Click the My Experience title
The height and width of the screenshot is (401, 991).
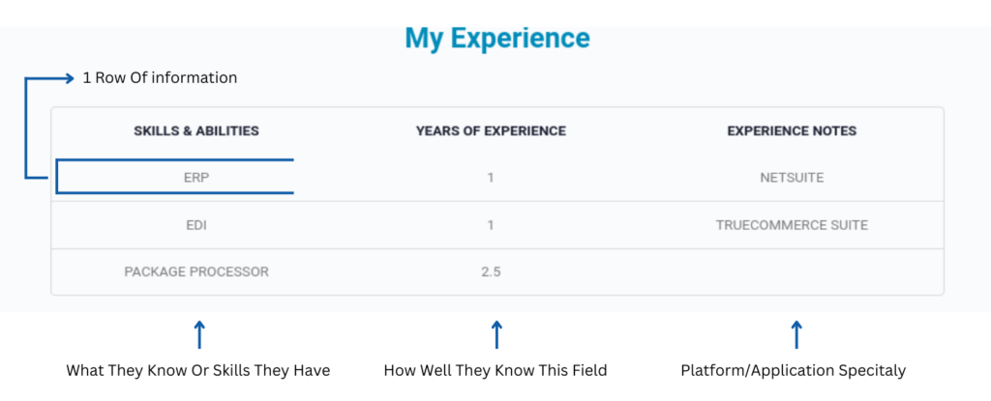point(497,39)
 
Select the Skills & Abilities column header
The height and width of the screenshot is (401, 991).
point(195,131)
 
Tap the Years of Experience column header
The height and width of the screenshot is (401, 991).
point(491,131)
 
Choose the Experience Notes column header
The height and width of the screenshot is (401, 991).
point(792,131)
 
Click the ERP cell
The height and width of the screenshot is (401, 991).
point(195,178)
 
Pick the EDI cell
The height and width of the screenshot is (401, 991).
point(195,225)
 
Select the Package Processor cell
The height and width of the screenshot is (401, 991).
point(195,272)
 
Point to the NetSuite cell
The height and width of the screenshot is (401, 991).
point(792,178)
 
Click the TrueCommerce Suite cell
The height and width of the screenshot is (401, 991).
point(792,225)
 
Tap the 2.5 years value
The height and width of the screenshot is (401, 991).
point(491,272)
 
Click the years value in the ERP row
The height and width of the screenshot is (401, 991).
point(491,178)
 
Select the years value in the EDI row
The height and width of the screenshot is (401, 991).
point(491,225)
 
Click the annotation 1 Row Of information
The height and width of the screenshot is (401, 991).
point(160,78)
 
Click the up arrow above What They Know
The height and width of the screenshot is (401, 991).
point(199,334)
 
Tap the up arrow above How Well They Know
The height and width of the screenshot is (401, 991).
point(496,334)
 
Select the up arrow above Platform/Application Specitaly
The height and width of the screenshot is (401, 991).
point(796,334)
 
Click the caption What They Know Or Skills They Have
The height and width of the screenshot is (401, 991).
point(197,371)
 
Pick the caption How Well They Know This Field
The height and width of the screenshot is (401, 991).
point(495,371)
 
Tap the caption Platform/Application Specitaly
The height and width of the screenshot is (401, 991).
point(794,371)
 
